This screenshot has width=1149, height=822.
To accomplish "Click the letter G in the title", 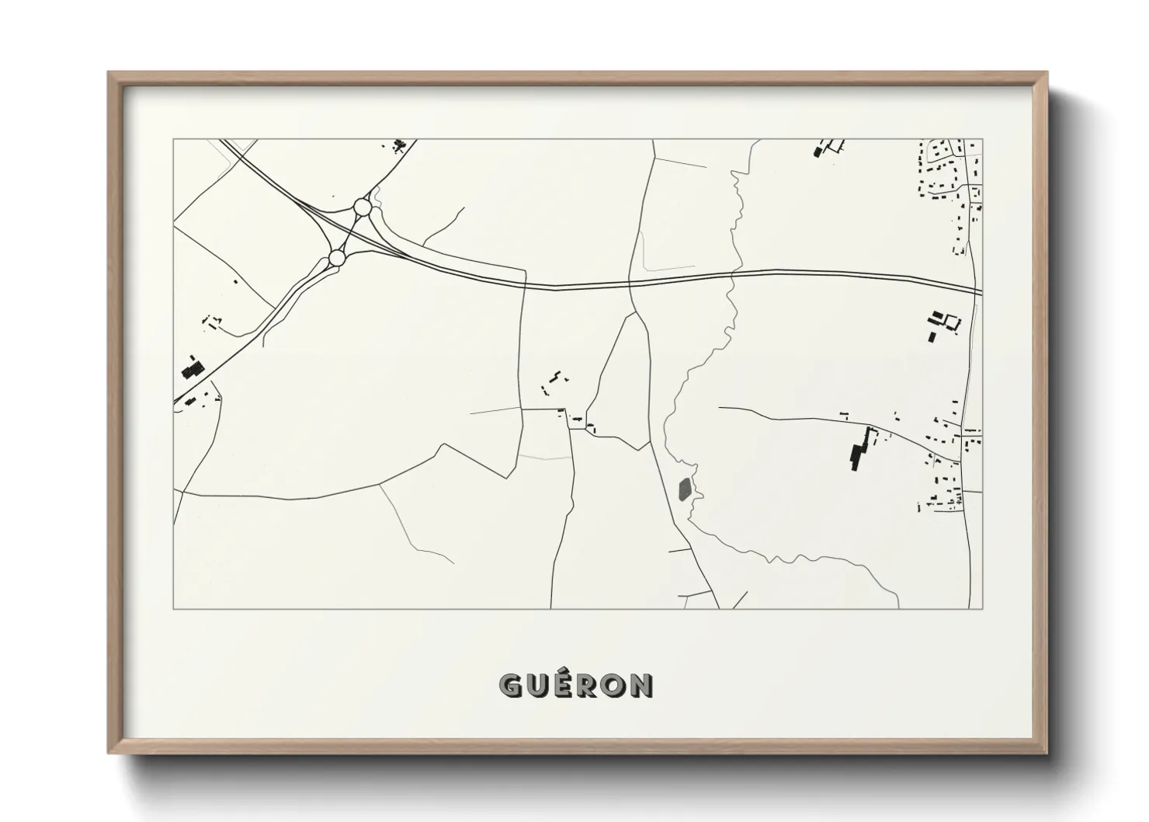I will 511,685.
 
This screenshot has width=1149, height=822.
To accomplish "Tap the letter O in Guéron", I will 615,685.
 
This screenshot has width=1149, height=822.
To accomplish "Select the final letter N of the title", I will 641,685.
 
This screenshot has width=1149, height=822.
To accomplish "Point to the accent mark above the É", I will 564,673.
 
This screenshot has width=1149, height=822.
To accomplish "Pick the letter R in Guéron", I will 588,685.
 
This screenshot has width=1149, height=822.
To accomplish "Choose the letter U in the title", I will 537,685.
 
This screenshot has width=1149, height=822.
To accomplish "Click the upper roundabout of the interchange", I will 362,207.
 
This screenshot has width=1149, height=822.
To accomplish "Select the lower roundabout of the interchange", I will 337,257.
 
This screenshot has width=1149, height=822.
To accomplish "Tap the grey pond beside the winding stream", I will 684,489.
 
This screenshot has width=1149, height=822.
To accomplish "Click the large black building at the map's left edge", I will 190,366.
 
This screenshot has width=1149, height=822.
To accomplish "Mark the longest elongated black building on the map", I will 859,448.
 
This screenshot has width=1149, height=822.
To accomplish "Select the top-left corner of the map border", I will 173,139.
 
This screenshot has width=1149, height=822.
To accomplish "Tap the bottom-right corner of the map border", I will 982,608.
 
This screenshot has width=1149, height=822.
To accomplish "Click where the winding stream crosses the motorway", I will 732,273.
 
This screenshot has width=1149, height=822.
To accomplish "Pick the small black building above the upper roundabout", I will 400,145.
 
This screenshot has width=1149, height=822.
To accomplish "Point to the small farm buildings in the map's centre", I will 556,378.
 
